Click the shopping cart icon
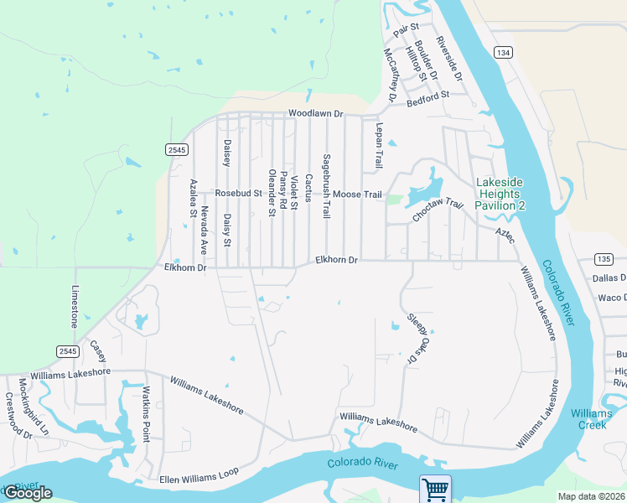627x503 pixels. [x=435, y=489]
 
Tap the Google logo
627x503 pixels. [x=27, y=493]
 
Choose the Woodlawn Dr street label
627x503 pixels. [x=316, y=113]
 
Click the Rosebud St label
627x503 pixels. [x=239, y=193]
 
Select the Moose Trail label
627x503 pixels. [x=357, y=194]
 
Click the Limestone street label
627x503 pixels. [x=75, y=306]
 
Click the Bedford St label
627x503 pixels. [x=428, y=96]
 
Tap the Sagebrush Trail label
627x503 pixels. [x=326, y=186]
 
